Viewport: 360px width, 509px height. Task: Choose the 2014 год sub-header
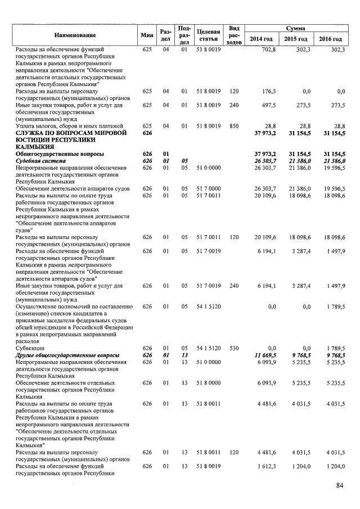click(x=261, y=39)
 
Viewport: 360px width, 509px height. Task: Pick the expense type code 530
click(x=234, y=348)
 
